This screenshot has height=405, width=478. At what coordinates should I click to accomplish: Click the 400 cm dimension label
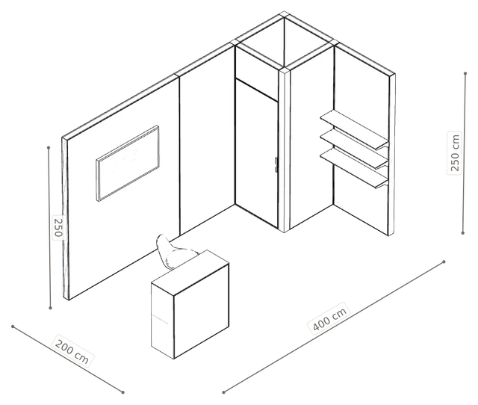(330, 318)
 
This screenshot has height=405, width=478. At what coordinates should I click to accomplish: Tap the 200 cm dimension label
(72, 351)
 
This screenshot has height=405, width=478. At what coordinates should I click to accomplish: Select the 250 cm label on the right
(454, 152)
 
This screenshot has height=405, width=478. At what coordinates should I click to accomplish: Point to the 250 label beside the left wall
(58, 227)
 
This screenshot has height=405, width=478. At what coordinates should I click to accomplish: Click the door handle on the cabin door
(276, 165)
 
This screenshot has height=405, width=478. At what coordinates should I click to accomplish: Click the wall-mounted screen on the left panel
(128, 163)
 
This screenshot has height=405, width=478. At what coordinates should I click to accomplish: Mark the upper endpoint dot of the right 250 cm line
(465, 73)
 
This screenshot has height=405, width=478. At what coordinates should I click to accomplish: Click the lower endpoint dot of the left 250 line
(51, 308)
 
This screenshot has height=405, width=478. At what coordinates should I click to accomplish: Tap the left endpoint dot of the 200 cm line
(13, 327)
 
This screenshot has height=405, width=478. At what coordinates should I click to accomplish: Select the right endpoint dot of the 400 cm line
(444, 262)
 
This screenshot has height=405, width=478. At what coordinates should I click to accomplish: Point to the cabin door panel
(257, 153)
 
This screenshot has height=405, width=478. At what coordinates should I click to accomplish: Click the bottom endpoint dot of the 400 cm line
(224, 392)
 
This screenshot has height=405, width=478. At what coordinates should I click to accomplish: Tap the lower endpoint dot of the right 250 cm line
(463, 232)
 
